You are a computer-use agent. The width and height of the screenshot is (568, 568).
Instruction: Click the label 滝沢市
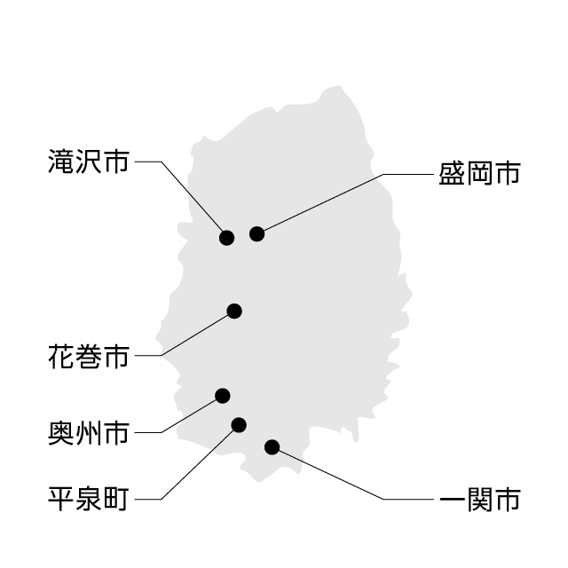tap(88, 162)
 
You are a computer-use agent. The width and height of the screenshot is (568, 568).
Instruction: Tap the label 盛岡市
tap(478, 173)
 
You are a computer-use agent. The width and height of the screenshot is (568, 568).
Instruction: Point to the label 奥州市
tap(88, 433)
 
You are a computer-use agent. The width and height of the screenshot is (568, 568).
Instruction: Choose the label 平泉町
tap(88, 499)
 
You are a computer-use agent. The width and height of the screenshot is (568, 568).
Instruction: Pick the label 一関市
tap(478, 499)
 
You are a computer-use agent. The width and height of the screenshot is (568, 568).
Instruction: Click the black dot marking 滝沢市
tap(226, 237)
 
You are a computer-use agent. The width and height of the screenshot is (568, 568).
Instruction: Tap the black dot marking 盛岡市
tap(256, 233)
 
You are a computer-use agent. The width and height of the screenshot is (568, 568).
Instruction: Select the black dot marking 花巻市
tap(234, 311)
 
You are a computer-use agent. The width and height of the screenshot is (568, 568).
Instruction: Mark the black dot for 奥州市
tap(223, 395)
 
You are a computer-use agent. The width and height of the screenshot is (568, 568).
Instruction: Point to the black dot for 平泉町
tap(238, 424)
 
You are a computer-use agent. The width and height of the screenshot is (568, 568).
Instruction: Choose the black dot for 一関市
tap(272, 446)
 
